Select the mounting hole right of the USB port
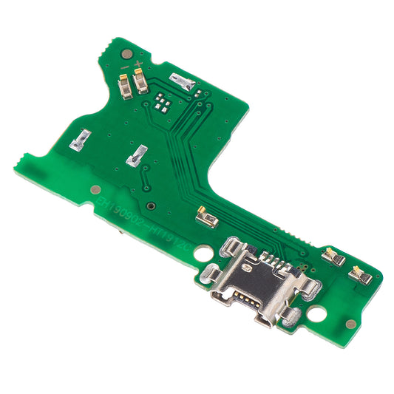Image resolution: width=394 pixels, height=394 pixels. click(319, 313)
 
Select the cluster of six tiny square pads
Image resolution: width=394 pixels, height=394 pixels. click(163, 101)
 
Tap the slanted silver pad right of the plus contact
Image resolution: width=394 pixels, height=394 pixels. click(183, 82)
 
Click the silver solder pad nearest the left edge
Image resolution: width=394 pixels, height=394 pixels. click(81, 139)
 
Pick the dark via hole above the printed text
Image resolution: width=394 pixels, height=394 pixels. click(150, 206)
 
